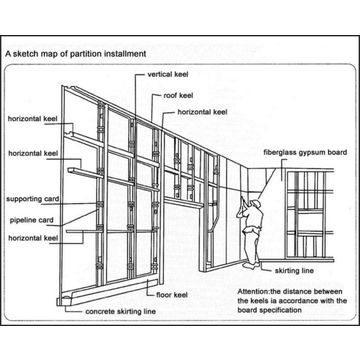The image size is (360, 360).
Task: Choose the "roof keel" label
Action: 178,94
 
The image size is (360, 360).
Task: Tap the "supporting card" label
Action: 32,198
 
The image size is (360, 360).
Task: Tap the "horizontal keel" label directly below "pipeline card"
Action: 33,238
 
